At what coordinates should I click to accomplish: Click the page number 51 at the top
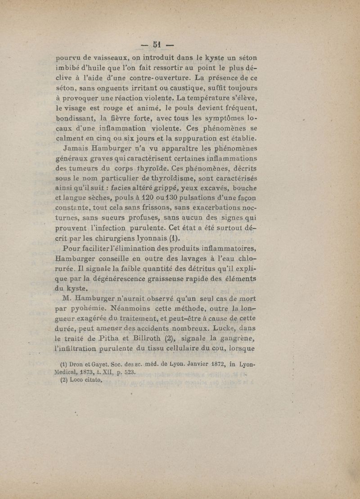pyautogui.click(x=157, y=45)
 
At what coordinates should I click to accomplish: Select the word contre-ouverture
pyautogui.click(x=159, y=81)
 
